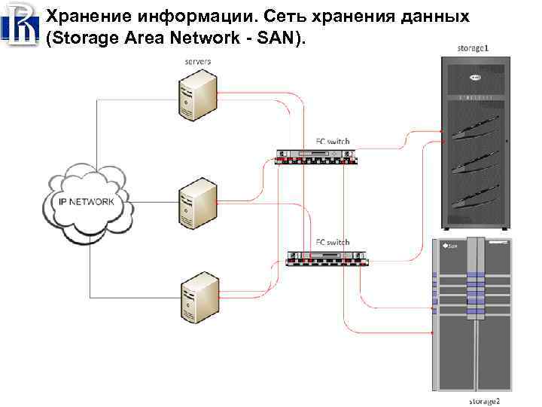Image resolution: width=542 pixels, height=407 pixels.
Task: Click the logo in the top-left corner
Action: click(x=20, y=23)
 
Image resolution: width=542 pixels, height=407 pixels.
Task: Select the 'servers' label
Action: click(x=198, y=60)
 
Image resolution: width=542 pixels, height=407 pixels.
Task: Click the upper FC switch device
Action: click(x=316, y=157)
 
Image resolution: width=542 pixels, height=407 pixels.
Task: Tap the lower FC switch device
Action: click(x=330, y=258)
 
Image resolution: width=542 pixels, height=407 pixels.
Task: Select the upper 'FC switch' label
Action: click(x=331, y=141)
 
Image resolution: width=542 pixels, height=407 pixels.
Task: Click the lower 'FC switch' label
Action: click(x=332, y=242)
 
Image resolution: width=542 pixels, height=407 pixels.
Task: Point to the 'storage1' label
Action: click(x=473, y=48)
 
